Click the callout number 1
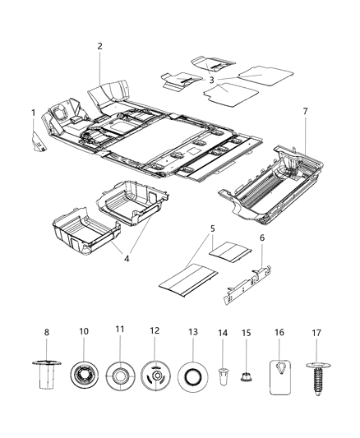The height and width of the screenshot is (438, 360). tap(34, 113)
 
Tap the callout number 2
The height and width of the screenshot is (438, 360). tap(100, 47)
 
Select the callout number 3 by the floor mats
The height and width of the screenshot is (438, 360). tap(211, 81)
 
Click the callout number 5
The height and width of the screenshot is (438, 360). tap(212, 228)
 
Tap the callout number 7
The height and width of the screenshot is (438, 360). tap(305, 110)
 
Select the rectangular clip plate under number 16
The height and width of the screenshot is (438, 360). tap(281, 374)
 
